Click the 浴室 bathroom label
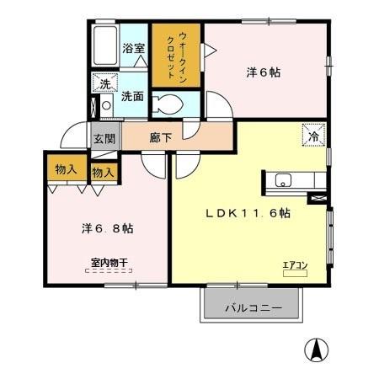tap(132, 48)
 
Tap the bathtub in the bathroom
tap(105, 47)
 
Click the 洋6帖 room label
tap(264, 72)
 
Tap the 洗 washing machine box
tap(105, 83)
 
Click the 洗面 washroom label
tap(132, 96)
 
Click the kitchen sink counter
tap(292, 179)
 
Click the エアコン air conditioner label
tap(295, 266)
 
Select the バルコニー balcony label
tap(253, 307)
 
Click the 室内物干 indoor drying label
tap(109, 263)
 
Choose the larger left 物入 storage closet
tap(67, 168)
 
